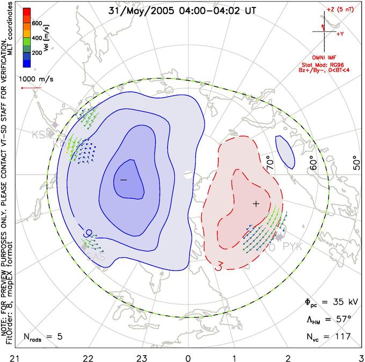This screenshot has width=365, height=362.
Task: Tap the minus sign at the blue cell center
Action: (x=123, y=179)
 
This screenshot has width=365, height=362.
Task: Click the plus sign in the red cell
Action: (x=256, y=204)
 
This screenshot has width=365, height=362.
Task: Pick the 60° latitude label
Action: (x=312, y=161)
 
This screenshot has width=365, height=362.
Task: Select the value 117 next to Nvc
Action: (x=342, y=337)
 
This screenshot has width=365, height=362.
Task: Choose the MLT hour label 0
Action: (x=188, y=357)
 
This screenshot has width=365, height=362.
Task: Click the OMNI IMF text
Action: (x=327, y=57)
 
